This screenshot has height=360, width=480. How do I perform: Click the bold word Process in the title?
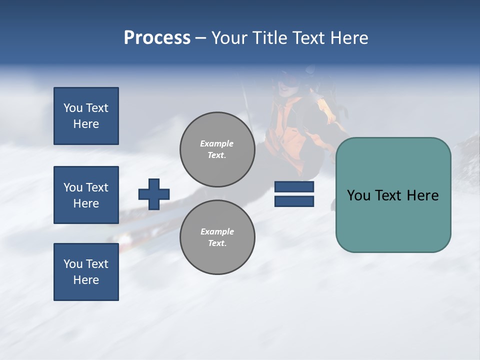coord(157,37)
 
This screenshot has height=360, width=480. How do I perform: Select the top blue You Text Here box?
coord(86,116)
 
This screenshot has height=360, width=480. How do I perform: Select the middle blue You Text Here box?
coord(86,195)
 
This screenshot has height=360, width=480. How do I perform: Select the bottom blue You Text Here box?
coord(86,272)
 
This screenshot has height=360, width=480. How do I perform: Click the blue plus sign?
coord(154,194)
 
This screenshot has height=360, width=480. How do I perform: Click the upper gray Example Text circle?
coord(217,149)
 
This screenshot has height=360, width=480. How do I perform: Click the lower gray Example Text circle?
coord(217,237)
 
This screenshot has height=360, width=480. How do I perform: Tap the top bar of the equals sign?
coord(294,187)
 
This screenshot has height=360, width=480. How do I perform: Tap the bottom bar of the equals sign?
coord(294,201)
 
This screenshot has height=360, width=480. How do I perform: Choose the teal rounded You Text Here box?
coord(393,195)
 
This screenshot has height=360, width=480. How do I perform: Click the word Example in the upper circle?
coord(216,143)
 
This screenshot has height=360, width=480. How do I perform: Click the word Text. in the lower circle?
coord(217,243)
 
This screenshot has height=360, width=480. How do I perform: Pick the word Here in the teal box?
coord(422,195)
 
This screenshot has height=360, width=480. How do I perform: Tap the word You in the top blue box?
coord(73,108)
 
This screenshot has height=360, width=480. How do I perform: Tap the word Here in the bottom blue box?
coord(86,280)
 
